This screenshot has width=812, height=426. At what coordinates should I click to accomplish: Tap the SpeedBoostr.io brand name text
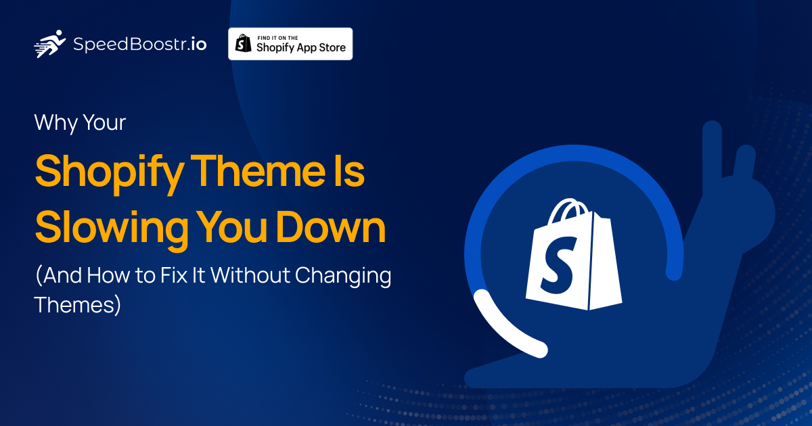139,45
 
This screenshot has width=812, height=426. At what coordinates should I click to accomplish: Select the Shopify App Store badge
290,44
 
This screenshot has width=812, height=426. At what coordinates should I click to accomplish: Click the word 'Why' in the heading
55,124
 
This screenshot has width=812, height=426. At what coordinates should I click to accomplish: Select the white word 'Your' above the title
104,124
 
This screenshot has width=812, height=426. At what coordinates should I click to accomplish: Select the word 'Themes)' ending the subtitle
77,304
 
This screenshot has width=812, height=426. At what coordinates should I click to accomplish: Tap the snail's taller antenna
711,152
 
